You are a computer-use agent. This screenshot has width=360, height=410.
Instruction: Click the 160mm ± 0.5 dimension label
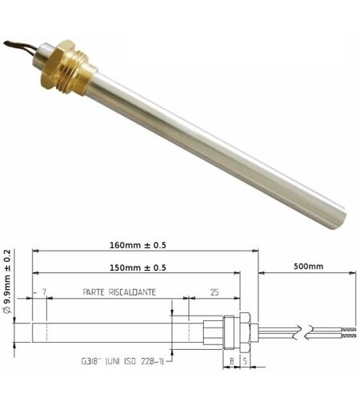click(138, 245)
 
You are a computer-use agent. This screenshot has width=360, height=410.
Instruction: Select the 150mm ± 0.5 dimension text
click(138, 267)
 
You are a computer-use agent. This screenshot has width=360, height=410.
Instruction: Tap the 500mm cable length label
click(308, 266)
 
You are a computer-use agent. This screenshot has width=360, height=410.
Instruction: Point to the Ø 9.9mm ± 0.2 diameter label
click(8, 281)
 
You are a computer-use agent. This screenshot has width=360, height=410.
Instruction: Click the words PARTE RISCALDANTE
click(119, 292)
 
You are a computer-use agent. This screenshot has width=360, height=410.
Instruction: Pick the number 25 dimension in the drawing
click(214, 292)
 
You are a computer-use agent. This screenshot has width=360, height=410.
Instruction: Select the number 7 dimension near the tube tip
click(44, 292)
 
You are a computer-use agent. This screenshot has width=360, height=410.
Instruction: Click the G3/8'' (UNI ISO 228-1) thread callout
click(122, 361)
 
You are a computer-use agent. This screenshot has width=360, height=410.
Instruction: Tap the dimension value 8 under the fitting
click(232, 361)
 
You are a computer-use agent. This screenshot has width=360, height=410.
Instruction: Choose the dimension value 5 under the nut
click(245, 361)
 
